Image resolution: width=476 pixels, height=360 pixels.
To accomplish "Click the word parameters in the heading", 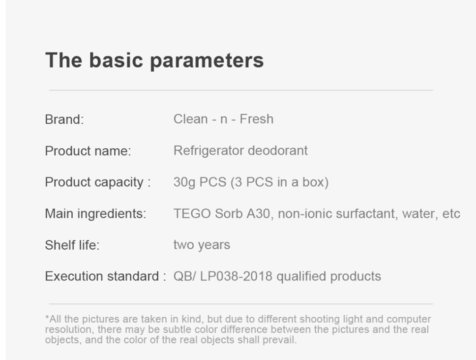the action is coord(207,61).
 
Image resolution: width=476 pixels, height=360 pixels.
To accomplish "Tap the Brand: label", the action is coord(64,120).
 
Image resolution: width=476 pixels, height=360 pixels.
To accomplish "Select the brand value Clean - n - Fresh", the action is coord(223,119).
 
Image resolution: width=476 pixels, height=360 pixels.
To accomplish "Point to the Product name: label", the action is coord(88,151).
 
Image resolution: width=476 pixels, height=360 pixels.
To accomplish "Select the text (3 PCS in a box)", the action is coord(280,182).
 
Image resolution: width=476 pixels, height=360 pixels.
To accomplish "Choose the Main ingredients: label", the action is coord(95,214).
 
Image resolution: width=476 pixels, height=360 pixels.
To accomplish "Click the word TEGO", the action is coord(192,214).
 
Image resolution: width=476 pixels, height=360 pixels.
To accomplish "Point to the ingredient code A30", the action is coord(258,214).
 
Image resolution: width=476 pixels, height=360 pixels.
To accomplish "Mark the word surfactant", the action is coord(367,214).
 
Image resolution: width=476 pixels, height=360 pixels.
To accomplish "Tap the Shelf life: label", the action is coord(72,245).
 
